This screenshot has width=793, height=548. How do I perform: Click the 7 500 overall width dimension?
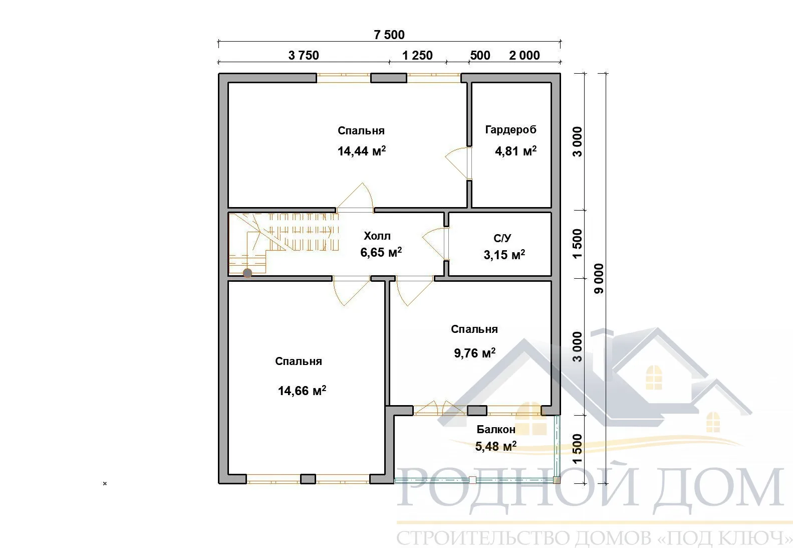pos(389,35)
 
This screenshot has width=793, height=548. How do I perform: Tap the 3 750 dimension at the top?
pos(304,55)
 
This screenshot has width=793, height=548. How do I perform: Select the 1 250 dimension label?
pos(417,55)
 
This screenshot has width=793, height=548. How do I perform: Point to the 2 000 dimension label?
pos(524,55)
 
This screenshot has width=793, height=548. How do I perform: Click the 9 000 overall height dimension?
pos(599,278)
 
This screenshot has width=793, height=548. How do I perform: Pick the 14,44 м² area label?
pos(362,151)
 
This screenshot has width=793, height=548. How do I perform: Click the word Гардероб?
pos(510,130)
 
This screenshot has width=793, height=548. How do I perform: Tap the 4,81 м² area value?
pos(515,151)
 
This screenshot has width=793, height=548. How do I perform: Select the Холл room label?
pos(377,236)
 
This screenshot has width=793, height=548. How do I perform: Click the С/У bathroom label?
pos(502,238)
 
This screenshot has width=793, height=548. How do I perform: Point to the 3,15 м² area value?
pos(504,254)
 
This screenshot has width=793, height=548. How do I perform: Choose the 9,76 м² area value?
pos(475,353)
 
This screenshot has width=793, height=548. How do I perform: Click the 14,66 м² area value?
pos(302,391)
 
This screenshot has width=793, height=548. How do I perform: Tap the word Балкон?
pos(495,429)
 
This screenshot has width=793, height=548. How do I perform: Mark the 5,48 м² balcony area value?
pos(495,446)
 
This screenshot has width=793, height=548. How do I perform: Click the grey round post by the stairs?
pos(247,273)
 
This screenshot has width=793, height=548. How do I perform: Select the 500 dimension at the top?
pos(480,55)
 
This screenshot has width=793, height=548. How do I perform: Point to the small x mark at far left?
pos(105,483)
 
